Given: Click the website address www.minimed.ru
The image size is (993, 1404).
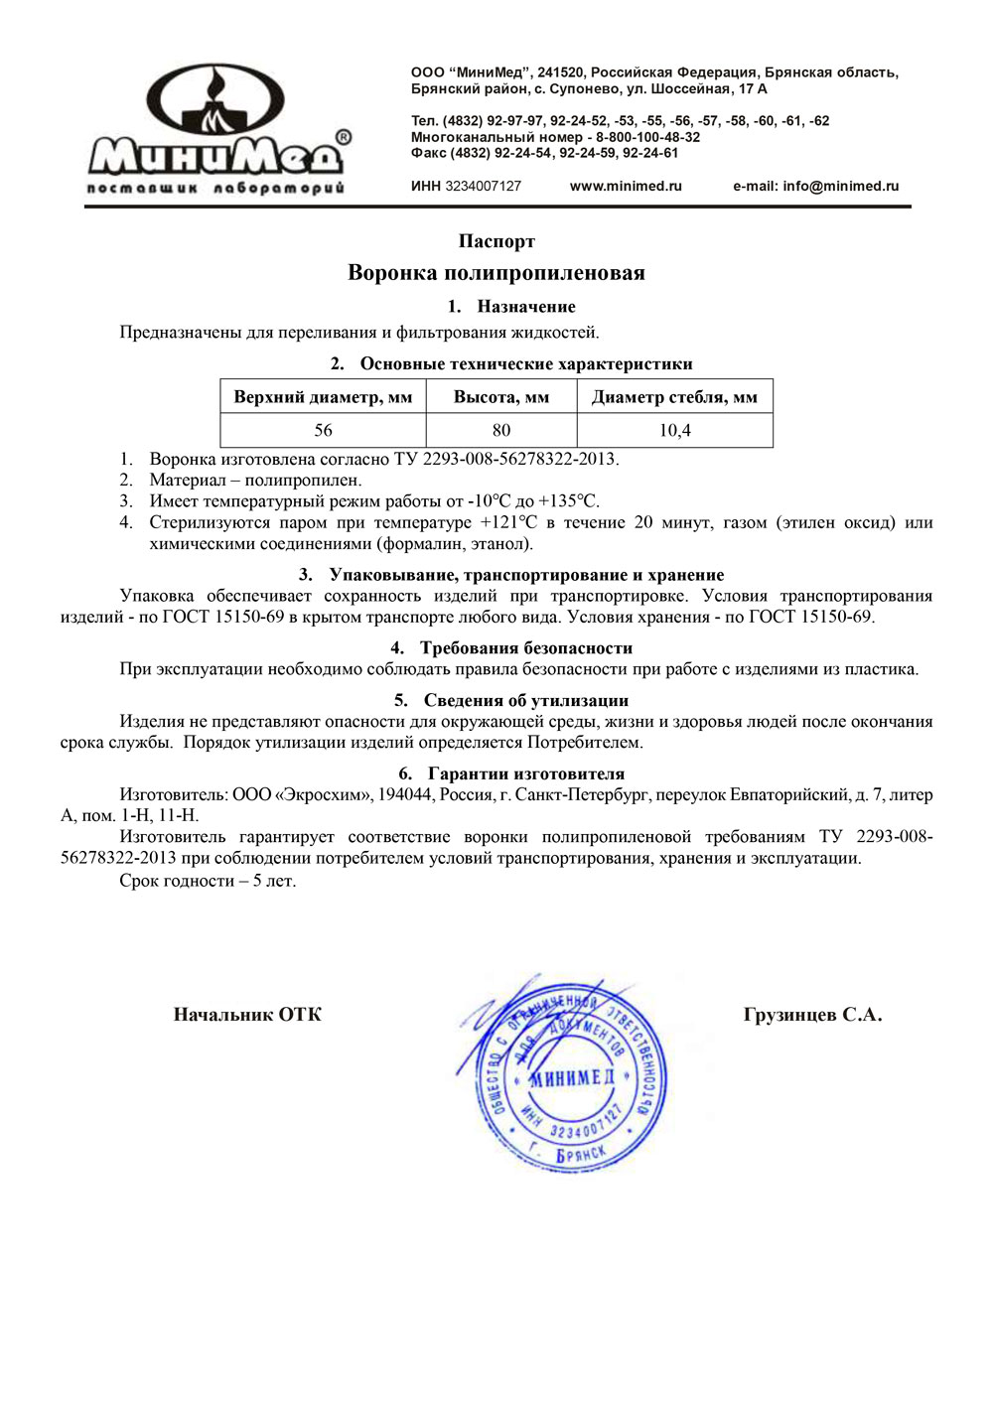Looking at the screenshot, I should pos(626,186).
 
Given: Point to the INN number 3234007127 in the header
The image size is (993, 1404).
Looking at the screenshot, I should pos(483,186).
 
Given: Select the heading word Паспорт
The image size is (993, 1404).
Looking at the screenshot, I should pos(496,241).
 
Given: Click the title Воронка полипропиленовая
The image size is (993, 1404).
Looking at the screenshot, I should pos(496,273).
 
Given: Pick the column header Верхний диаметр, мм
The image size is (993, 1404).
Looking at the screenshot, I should pos(323,397).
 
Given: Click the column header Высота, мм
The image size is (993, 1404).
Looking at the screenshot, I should pos(501,397).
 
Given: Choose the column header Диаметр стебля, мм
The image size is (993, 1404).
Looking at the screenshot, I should pos(674,397).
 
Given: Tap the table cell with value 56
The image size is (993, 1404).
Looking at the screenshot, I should pos(323,430).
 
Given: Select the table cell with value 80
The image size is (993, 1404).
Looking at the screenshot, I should pos(501,430).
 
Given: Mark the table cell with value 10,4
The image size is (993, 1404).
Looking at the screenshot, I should pos(674,430).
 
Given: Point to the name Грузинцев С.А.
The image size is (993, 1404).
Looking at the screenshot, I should pos(812,1014).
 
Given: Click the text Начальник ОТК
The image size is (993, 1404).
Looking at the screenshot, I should pos(247,1014).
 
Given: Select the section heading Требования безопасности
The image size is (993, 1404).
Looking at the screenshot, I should pos(525,648).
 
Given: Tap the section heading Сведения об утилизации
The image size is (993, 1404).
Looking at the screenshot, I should pos(525,700).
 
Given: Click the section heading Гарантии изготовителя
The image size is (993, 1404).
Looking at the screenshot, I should pos(525,773).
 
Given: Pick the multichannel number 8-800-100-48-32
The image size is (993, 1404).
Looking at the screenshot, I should pos(647,137).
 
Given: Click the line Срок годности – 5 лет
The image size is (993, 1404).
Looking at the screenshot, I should pos(208,881).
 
